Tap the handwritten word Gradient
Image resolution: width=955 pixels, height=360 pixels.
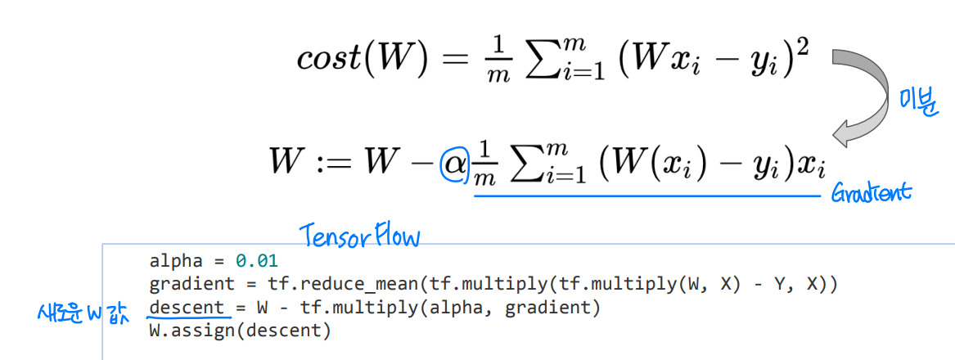[870, 194]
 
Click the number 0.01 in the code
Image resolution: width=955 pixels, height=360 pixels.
[257, 262]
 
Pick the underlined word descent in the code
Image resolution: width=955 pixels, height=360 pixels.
[187, 308]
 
